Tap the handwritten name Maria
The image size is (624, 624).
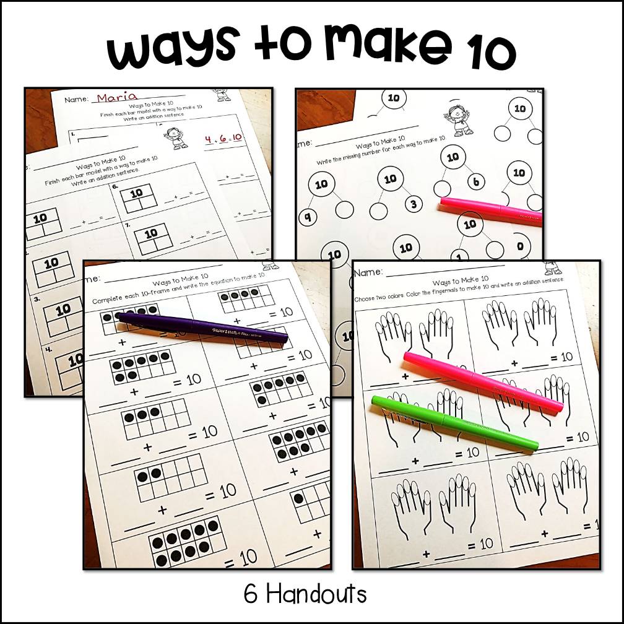pyautogui.click(x=117, y=97)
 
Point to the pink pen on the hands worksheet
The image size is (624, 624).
pyautogui.click(x=483, y=381)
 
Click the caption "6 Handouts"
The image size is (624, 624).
pyautogui.click(x=305, y=594)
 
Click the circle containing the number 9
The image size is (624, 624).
pyautogui.click(x=307, y=217)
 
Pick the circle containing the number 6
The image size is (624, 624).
pyautogui.click(x=475, y=182)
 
